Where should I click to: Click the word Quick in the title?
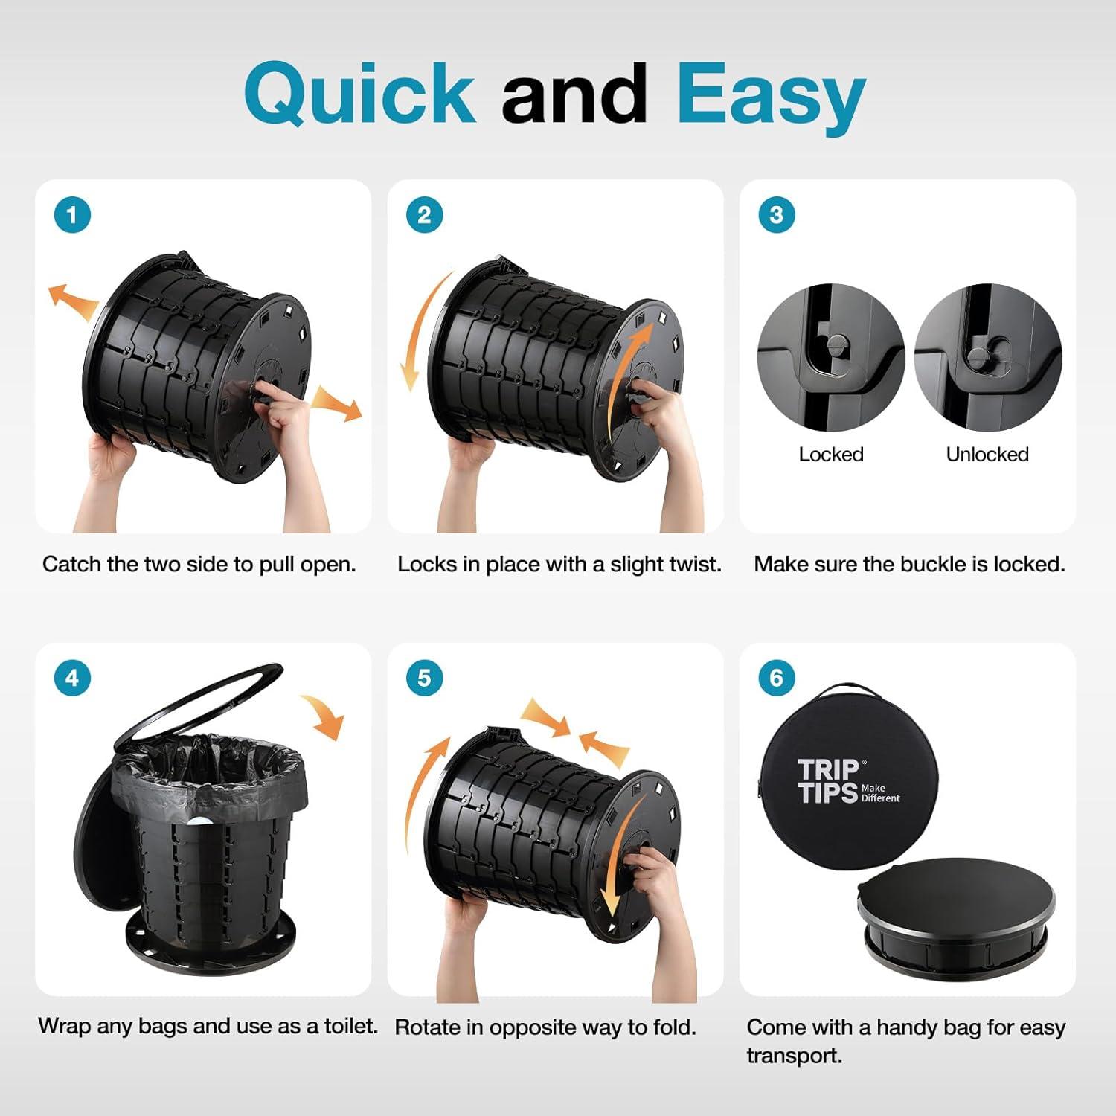coord(359,94)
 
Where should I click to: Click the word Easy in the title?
coord(771,97)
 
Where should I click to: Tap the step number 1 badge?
coord(72,216)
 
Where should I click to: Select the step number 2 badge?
coord(424,216)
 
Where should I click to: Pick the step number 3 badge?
coord(776,216)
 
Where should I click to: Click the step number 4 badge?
coord(72,679)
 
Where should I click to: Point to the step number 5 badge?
coord(424,679)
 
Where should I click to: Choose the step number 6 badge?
coord(776,679)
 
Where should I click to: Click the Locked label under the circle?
coord(830,455)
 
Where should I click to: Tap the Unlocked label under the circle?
coord(987,455)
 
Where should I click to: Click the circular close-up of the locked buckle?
coord(830,357)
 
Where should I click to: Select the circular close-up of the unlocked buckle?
coord(987,357)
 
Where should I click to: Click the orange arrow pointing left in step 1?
coord(72,300)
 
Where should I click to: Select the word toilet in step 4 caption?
coord(350,1027)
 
